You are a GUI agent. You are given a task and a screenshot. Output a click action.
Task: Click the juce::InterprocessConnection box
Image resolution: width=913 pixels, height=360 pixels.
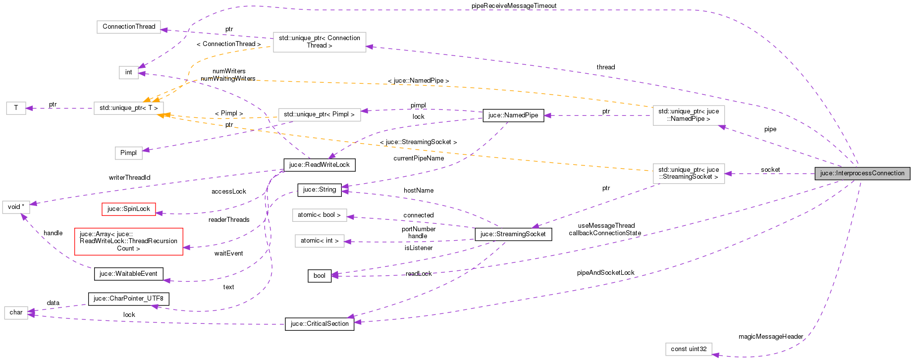(862, 173)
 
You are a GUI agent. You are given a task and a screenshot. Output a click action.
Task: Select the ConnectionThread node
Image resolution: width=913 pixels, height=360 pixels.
(129, 27)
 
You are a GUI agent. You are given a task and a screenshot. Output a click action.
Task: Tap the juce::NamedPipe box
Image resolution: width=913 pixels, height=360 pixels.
(513, 115)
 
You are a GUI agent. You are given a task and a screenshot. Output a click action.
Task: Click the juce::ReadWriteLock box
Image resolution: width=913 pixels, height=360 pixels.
(319, 165)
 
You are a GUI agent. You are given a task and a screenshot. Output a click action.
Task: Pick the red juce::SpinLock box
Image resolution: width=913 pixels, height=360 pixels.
(129, 209)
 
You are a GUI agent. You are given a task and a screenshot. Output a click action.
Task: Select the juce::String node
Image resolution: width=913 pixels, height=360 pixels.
(319, 190)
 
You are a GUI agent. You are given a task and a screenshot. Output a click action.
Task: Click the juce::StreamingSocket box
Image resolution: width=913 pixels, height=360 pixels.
(513, 234)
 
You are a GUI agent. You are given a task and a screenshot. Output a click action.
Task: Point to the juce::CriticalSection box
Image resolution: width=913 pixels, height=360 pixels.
(319, 324)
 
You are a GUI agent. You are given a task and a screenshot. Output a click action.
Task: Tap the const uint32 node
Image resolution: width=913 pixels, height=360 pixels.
(689, 349)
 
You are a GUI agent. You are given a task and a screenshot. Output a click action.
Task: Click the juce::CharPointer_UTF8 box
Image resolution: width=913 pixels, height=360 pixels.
(128, 299)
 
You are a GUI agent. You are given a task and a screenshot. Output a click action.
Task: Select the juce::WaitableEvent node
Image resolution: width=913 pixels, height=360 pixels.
(128, 274)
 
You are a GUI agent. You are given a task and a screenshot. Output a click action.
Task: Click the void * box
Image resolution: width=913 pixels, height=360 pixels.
(16, 207)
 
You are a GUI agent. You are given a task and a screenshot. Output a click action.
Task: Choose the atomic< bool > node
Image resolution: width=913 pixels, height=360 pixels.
(319, 215)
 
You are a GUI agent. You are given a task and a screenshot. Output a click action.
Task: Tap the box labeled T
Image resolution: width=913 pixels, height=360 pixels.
(16, 108)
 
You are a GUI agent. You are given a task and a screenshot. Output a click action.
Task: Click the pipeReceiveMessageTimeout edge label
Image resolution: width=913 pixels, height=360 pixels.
(514, 6)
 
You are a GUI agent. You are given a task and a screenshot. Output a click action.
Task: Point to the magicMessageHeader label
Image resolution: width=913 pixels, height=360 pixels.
(770, 337)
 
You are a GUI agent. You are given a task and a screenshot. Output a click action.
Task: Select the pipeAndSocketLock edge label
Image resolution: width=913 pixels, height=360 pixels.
(605, 273)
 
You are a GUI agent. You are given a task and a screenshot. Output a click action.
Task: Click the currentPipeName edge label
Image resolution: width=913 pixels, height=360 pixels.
(419, 158)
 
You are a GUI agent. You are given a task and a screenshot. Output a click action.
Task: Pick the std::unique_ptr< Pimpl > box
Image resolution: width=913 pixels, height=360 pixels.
(319, 114)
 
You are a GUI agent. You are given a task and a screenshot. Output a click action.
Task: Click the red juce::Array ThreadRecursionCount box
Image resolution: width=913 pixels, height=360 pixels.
(128, 241)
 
